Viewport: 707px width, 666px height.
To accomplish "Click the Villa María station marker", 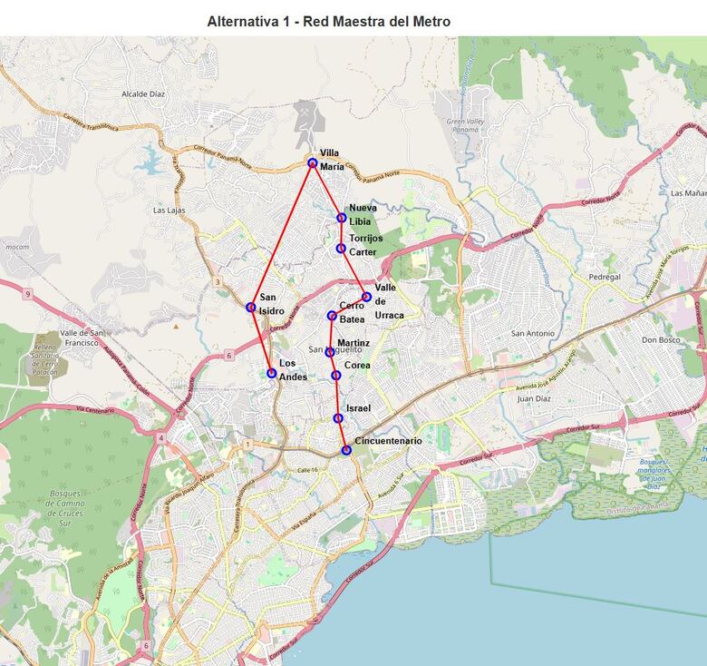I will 313,163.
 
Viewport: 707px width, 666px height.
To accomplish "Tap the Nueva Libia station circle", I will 341,218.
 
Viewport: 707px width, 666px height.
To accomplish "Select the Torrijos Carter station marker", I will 341,248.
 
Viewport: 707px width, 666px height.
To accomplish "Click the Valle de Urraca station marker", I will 366,297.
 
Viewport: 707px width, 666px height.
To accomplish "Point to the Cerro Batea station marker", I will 332,316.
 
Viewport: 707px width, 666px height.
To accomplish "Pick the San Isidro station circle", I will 251,307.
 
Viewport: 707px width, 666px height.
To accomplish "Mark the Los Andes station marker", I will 271,373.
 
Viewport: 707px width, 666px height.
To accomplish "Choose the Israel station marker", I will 338,418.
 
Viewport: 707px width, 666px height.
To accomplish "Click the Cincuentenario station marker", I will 346,450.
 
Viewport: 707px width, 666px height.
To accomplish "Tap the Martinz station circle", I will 330,352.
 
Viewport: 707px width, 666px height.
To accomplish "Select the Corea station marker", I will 335,375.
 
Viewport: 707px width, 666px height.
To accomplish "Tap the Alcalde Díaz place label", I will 143,93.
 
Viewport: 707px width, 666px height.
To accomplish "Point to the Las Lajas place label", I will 169,211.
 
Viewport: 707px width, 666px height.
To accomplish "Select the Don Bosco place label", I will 661,340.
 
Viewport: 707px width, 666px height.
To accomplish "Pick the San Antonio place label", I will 533,333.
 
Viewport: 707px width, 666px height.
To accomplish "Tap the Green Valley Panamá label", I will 468,126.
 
